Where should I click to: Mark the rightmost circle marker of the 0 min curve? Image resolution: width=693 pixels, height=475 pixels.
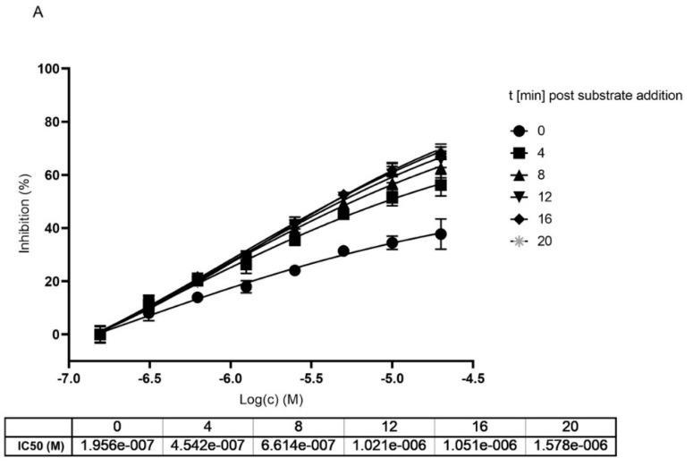[441, 234]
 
